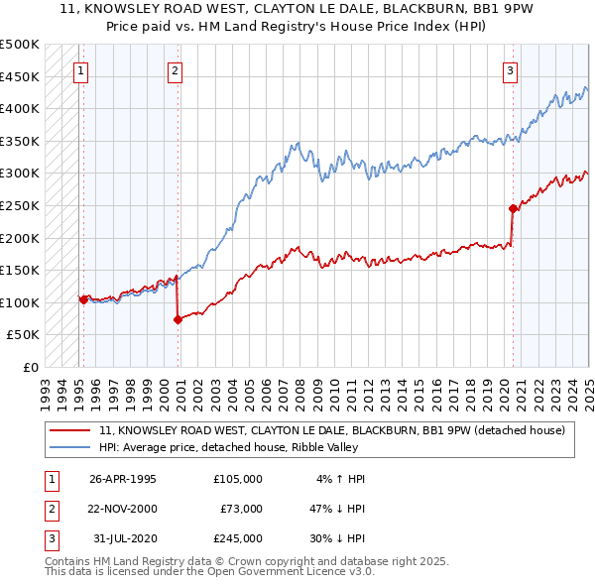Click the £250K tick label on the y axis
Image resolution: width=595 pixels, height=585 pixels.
(x=21, y=205)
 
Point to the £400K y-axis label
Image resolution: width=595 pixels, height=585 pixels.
(x=21, y=108)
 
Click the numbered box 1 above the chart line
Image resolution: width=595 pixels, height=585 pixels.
(x=79, y=70)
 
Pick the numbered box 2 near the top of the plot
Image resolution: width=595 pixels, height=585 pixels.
(x=175, y=70)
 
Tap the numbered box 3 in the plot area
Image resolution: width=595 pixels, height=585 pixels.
(x=509, y=70)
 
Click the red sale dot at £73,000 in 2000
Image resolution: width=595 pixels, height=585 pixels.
(x=178, y=320)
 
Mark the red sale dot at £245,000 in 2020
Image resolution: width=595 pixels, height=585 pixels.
(x=513, y=209)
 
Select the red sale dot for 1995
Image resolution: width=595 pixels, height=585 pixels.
(x=83, y=298)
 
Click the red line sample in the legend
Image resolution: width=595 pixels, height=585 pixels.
(x=68, y=430)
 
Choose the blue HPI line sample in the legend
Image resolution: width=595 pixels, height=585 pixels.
(x=68, y=448)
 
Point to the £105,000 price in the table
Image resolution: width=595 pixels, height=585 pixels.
(x=237, y=479)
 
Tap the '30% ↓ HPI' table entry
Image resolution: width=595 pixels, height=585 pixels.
(x=340, y=538)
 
